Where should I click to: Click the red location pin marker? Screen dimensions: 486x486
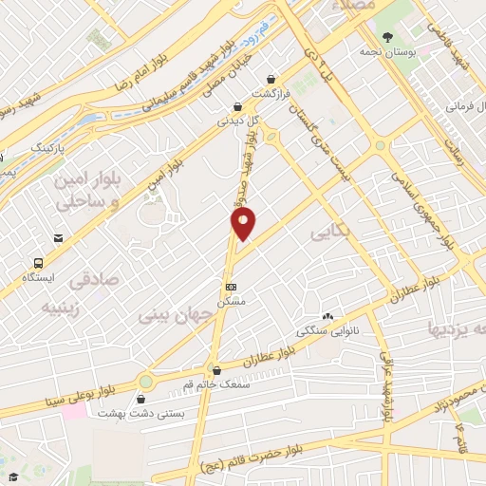coord(243,223)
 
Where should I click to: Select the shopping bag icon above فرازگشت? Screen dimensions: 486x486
coord(272,80)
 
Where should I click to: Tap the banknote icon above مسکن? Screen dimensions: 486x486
coord(230,286)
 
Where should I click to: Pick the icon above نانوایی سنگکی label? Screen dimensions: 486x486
coord(328,316)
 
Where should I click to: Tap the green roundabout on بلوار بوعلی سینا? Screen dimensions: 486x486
coord(145,382)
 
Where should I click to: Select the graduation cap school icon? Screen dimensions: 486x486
coord(12,474)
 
